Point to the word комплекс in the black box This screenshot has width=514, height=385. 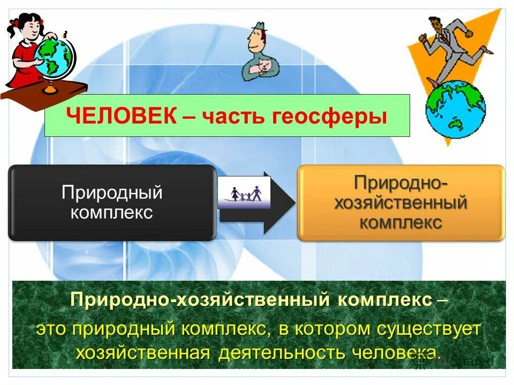[112, 212]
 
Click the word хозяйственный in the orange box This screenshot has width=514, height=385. [401, 203]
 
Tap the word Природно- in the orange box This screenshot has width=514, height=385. [401, 183]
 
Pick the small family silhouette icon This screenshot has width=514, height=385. [245, 192]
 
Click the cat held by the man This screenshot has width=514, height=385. [263, 67]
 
